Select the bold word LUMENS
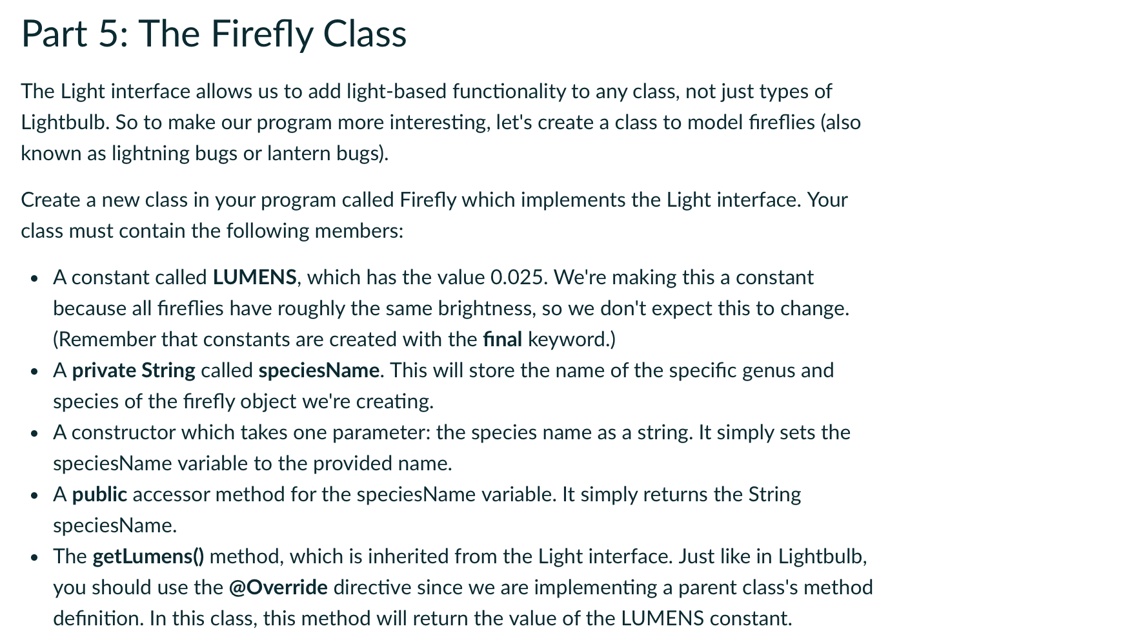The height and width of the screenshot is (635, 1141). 254,278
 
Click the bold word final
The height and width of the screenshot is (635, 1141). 502,340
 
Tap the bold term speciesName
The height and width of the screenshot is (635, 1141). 318,371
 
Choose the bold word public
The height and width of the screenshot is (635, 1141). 99,495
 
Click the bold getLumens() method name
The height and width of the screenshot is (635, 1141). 148,557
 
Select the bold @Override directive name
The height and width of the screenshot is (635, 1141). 278,588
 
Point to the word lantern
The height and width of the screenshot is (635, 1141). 296,154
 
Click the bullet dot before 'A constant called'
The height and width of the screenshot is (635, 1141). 35,278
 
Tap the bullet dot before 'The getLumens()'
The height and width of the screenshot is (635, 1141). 35,557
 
